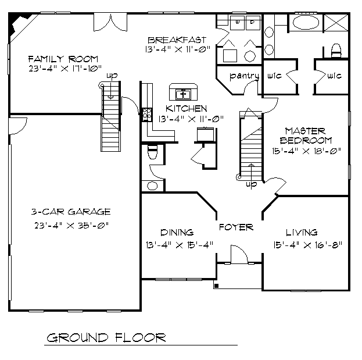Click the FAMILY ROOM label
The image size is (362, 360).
[63, 59]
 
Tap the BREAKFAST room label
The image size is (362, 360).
[177, 40]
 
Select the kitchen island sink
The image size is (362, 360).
[183, 94]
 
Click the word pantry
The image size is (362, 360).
[244, 76]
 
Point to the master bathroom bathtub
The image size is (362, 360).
[306, 23]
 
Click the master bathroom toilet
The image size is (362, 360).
[336, 50]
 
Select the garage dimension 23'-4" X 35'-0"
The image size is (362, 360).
[71, 225]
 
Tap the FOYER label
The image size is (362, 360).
[236, 227]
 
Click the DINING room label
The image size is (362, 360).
[177, 233]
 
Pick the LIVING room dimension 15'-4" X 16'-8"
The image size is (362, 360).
[307, 245]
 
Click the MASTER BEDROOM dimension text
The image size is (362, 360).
[306, 151]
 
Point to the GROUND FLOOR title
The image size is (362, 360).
[106, 338]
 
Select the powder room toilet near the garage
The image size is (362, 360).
[152, 152]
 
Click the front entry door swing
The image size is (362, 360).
[239, 254]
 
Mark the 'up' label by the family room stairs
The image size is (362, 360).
[112, 76]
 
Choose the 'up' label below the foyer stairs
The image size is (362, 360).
[251, 184]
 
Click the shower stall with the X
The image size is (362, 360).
[336, 23]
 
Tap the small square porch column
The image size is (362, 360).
[216, 286]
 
